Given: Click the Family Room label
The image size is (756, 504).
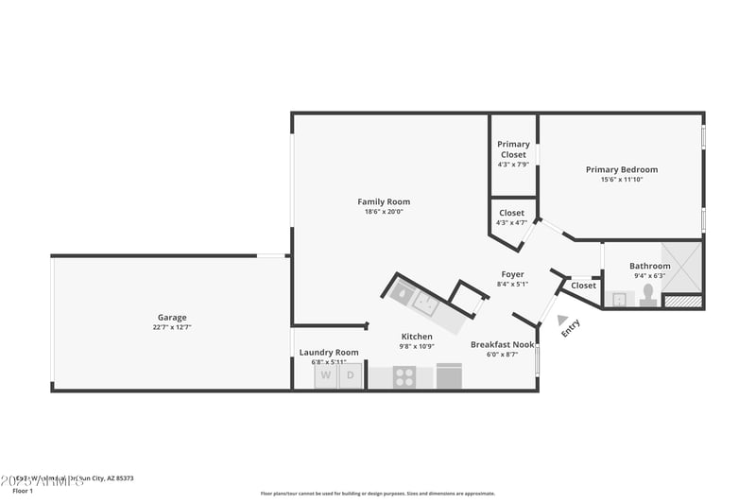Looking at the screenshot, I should [x=384, y=201].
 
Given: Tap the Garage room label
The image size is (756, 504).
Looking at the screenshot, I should [x=172, y=317].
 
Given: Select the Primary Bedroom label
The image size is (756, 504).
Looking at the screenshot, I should [x=621, y=169].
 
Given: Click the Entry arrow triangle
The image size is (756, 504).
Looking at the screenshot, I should [x=563, y=321].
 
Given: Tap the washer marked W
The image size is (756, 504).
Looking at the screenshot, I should [x=326, y=375].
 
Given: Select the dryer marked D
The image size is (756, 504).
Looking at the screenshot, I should [x=350, y=375].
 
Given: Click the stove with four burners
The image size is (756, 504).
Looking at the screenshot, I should [x=404, y=376].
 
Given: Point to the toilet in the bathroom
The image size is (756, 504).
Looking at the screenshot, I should [x=649, y=295].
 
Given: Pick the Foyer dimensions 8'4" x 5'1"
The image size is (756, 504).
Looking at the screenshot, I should [x=512, y=284].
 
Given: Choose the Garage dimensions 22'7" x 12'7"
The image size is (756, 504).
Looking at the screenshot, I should [x=172, y=328].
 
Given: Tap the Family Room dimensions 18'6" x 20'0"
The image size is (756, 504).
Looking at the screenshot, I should [x=384, y=212].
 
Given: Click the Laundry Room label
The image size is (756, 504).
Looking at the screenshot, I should [x=329, y=352].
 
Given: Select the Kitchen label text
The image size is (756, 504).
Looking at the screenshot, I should [x=417, y=336].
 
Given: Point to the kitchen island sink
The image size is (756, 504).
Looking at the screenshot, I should [x=425, y=304].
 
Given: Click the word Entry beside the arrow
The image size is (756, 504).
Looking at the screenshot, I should [x=572, y=328].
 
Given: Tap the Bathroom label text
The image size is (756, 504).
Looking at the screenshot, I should [x=650, y=266].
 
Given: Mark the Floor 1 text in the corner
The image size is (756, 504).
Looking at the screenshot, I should [x=23, y=491].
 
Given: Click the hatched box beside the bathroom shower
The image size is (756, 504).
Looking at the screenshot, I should [x=683, y=302].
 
